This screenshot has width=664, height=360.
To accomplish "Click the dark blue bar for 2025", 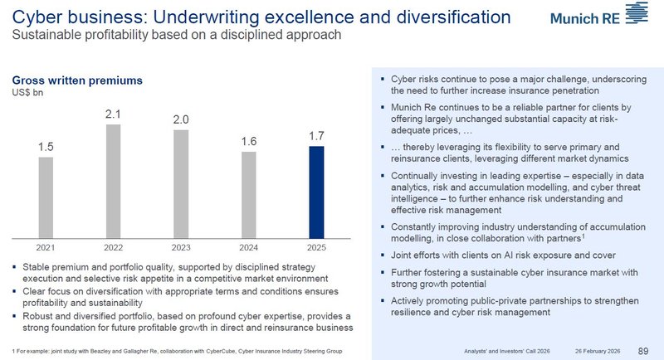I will tap(316, 191).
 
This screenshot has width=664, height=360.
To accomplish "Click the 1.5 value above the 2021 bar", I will tap(46, 147).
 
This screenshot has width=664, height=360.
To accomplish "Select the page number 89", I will tap(644, 350).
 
